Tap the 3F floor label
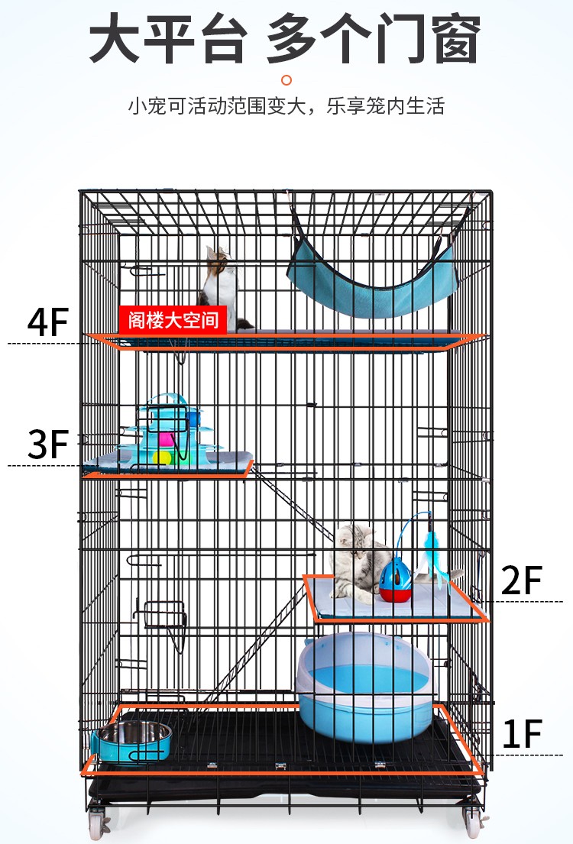[x=48, y=444]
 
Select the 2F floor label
[x=521, y=580]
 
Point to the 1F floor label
[x=521, y=734]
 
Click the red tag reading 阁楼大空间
[x=173, y=320]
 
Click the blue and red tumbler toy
[x=395, y=580]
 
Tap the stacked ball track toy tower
[x=169, y=431]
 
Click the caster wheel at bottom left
[x=98, y=823]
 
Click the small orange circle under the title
[x=286, y=80]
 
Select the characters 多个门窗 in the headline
[x=374, y=37]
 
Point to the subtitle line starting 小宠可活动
[x=286, y=105]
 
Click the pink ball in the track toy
[x=165, y=440]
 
